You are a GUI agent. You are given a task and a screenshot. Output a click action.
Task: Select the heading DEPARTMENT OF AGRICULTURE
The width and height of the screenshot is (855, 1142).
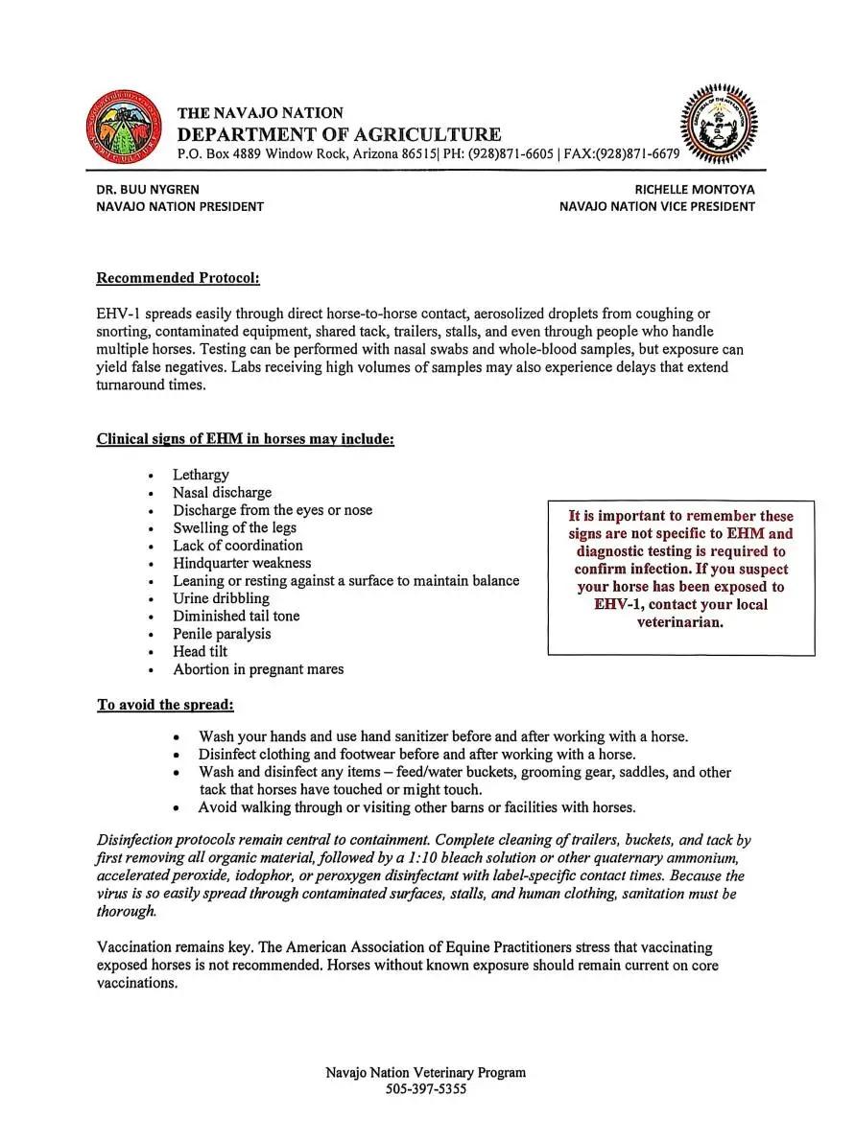point(339,134)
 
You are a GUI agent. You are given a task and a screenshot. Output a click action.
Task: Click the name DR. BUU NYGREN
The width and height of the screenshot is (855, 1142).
point(148,190)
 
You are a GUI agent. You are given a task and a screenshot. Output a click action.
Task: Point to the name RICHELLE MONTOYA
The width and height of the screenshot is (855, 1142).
point(695,190)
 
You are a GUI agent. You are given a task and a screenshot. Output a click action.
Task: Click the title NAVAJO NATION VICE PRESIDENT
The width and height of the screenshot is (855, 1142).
point(656,206)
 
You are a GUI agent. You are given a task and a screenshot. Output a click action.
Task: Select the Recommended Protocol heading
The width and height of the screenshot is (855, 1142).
point(178,278)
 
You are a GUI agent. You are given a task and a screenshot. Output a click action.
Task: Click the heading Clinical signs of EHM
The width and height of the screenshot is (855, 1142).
point(245,439)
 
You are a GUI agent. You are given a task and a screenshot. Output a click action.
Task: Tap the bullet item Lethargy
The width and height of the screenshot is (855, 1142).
point(201,475)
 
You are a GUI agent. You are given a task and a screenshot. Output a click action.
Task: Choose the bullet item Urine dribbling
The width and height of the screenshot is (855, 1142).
point(221,598)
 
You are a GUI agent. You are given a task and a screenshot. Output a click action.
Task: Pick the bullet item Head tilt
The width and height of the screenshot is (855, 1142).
point(200,651)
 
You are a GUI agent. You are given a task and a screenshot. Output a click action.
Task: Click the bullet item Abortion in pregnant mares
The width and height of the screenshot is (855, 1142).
point(258,669)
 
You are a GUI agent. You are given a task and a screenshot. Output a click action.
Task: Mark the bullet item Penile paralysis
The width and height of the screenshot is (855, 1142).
point(222,634)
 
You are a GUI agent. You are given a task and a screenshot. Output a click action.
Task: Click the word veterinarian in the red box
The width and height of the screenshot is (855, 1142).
point(679,621)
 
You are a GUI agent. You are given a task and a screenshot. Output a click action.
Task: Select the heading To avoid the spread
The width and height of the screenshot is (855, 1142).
point(165,705)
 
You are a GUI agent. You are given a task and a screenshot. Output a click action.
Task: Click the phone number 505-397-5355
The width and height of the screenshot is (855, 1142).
point(426,1089)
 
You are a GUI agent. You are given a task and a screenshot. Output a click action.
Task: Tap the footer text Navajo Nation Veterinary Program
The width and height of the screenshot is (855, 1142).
point(425,1072)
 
